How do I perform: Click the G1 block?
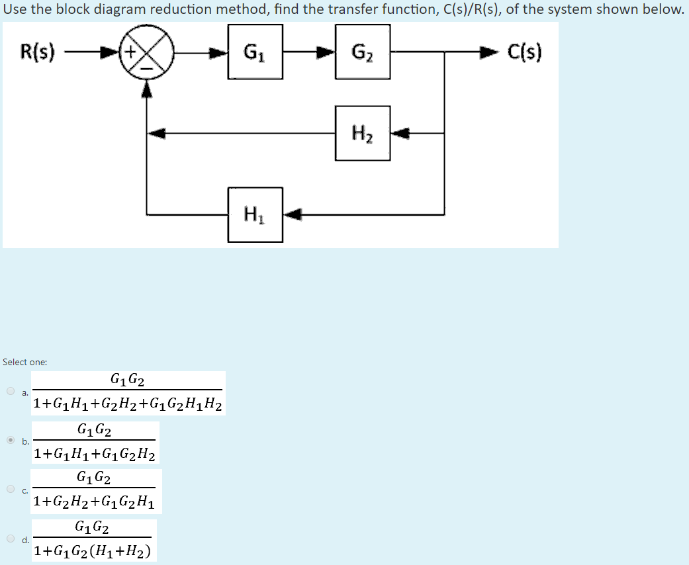tap(255, 52)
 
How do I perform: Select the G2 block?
tap(363, 52)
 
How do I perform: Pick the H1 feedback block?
tap(255, 214)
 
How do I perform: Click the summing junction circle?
tap(147, 52)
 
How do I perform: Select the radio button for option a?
tap(11, 390)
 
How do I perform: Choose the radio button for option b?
tap(11, 440)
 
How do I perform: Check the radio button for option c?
tap(11, 489)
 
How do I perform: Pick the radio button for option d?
tap(11, 538)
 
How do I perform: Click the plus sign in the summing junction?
tap(131, 51)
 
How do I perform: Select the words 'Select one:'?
tap(24, 362)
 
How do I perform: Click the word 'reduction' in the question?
tap(175, 9)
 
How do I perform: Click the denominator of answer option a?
tap(128, 404)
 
